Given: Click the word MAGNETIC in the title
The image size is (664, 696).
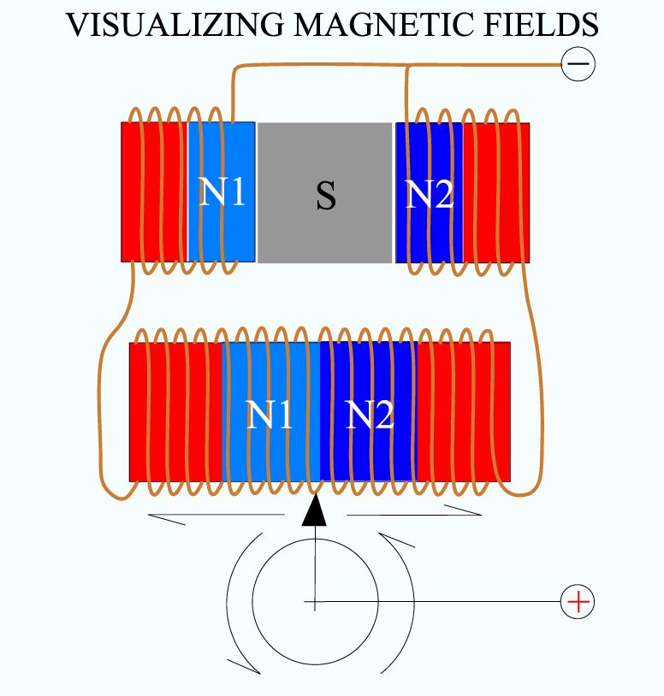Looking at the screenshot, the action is coord(379,25).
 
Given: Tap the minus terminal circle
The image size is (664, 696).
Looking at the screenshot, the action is coord(578,64).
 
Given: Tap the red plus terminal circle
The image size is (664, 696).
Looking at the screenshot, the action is coord(578,601).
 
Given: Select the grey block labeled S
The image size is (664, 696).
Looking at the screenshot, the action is coord(324,192).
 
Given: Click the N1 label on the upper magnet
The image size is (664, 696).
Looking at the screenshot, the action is coord(222,192).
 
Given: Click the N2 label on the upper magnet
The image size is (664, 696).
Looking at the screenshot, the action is coord(430,194).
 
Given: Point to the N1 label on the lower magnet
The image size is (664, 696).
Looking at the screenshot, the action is coord(270,415).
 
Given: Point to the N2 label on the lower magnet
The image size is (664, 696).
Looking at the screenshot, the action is coord(370,415).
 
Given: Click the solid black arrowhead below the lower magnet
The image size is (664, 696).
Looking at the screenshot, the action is coord(314,510).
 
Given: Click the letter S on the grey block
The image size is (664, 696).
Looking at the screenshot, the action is coord(326,195).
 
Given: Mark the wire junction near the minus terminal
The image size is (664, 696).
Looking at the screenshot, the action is coord(406,66).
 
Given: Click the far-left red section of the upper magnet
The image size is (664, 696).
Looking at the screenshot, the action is coord(154,192).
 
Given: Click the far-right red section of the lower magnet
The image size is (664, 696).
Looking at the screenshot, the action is coord(463,411).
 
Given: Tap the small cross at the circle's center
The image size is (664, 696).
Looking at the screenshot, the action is coord(314,602).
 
